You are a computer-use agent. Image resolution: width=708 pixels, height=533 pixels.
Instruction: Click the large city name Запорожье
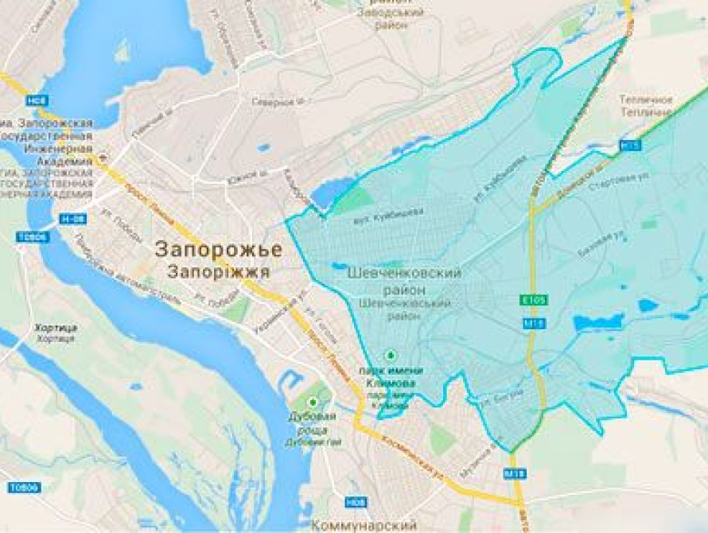(x=218, y=249)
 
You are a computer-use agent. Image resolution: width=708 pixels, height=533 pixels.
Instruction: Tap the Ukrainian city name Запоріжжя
(x=219, y=271)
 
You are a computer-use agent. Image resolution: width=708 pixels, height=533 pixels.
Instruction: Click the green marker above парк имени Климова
(x=390, y=355)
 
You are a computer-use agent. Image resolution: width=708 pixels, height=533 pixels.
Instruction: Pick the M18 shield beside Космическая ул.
(x=512, y=473)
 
